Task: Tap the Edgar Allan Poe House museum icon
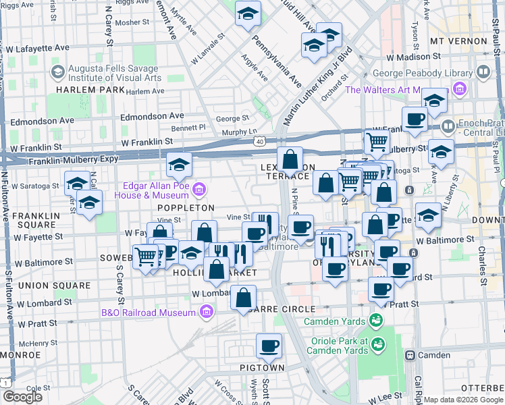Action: pyautogui.click(x=198, y=190)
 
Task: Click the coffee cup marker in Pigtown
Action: pyautogui.click(x=269, y=347)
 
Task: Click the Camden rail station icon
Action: pyautogui.click(x=409, y=355)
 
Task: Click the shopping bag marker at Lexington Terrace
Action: pyautogui.click(x=290, y=159)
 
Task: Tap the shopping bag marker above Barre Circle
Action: pyautogui.click(x=243, y=297)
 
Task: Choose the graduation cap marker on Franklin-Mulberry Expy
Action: pyautogui.click(x=180, y=164)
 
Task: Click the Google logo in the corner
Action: pyautogui.click(x=22, y=397)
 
